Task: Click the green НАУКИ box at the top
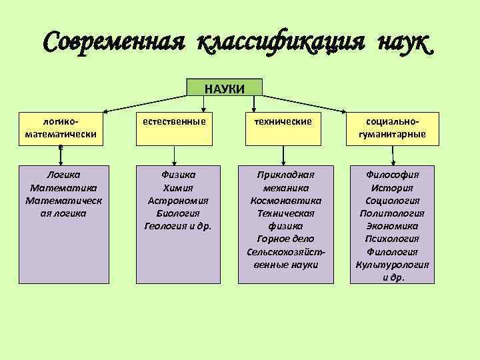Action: pyautogui.click(x=224, y=89)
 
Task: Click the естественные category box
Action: pyautogui.click(x=174, y=128)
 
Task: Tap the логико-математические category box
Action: pyautogui.click(x=60, y=129)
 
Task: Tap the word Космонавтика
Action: pyautogui.click(x=285, y=200)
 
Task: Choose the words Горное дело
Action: pyautogui.click(x=285, y=239)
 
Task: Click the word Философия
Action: pyautogui.click(x=393, y=175)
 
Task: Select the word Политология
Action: pyautogui.click(x=393, y=213)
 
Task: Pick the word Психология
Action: pyautogui.click(x=393, y=239)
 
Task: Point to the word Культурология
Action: pyautogui.click(x=393, y=264)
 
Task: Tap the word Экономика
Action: pyautogui.click(x=393, y=226)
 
